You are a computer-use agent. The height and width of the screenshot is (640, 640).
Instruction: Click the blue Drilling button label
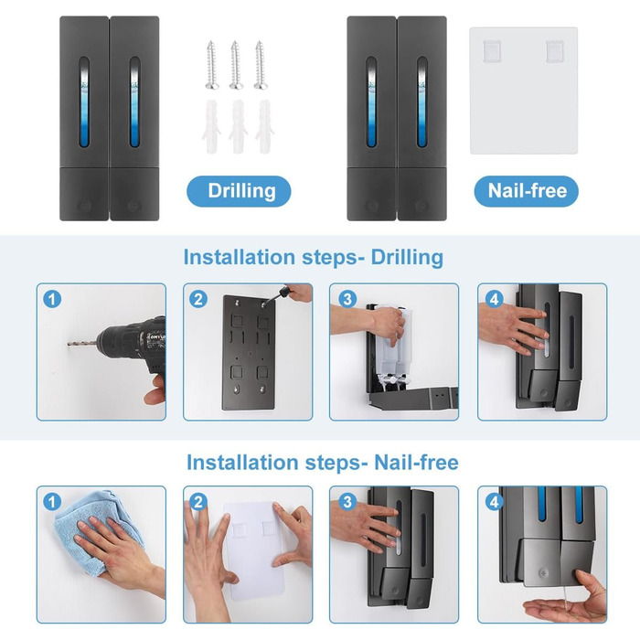click(x=239, y=191)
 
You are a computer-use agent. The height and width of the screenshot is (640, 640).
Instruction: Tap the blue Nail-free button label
click(x=526, y=191)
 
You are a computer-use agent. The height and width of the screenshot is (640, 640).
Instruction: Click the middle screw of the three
click(x=236, y=65)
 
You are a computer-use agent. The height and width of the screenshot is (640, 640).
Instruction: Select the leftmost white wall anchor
click(x=211, y=126)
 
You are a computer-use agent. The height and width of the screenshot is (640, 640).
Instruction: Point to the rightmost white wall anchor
click(x=265, y=126)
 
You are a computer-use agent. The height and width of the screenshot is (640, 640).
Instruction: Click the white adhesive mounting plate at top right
click(x=524, y=91)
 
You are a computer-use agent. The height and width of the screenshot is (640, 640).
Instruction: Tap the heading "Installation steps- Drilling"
click(x=313, y=258)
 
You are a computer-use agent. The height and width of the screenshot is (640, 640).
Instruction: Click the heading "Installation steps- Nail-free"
click(x=323, y=463)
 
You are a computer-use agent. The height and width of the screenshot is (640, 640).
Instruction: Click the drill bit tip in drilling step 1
click(x=69, y=345)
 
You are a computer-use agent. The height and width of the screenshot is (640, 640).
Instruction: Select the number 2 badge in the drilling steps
click(x=198, y=299)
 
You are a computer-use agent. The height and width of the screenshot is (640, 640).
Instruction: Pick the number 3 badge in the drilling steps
click(x=347, y=299)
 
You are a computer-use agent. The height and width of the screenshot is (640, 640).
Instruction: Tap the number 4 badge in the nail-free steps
click(x=494, y=502)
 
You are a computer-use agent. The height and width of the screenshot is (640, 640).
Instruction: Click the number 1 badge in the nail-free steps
click(x=52, y=502)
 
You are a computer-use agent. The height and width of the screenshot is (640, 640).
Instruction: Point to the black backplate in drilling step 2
click(x=249, y=353)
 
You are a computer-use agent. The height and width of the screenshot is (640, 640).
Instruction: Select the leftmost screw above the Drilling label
click(x=212, y=65)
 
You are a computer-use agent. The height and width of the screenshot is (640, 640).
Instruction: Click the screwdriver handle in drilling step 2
click(x=284, y=293)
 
